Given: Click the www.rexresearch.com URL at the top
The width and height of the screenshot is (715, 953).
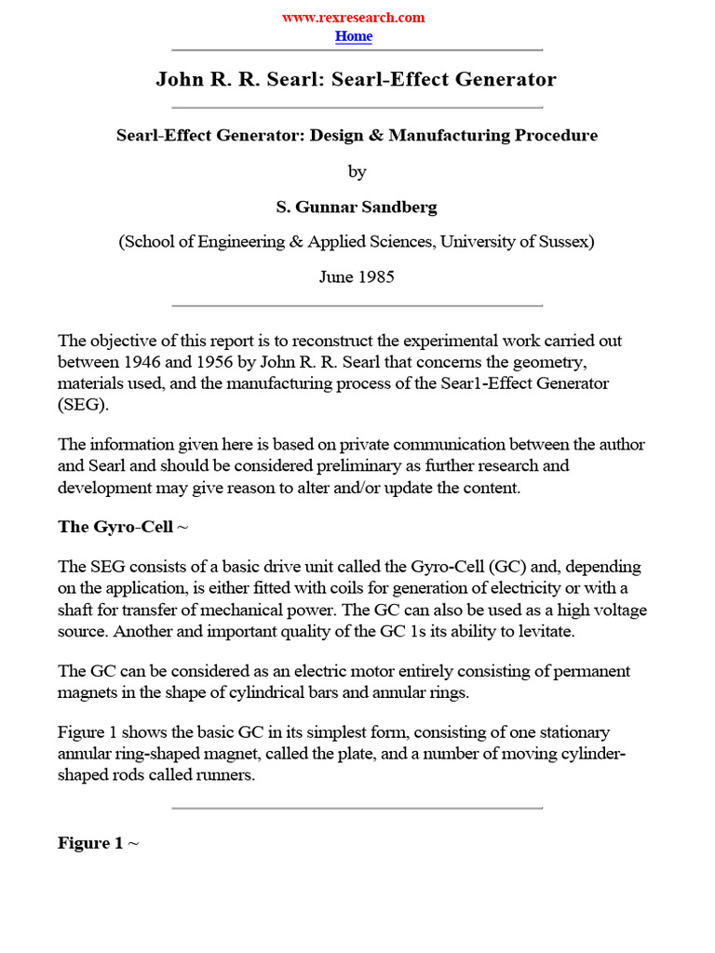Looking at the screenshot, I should [x=353, y=18].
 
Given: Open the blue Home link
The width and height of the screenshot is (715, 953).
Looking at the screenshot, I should [x=353, y=36].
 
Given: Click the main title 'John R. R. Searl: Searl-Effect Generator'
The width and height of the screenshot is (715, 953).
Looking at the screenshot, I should [x=356, y=79].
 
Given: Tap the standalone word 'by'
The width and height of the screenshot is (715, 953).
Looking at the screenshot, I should [x=357, y=172].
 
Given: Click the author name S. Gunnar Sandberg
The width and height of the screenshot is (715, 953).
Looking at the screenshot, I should [x=357, y=208].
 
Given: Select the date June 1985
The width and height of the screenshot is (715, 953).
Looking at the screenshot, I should [x=357, y=277].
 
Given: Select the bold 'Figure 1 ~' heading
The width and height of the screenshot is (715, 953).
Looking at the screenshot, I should [x=98, y=843].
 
